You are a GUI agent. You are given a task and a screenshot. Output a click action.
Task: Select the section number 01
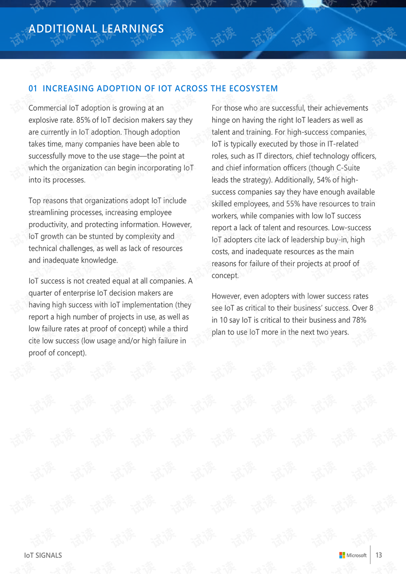tap(33, 88)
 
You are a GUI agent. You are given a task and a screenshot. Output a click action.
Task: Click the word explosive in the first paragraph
tap(43, 120)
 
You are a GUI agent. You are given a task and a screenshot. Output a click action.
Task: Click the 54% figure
tap(324, 180)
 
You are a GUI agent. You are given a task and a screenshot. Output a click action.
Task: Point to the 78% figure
tap(359, 320)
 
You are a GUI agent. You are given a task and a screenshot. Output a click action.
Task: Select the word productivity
tap(47, 225)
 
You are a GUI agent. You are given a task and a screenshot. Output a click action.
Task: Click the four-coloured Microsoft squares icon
tap(342, 555)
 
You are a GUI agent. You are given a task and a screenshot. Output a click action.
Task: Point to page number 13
tap(379, 555)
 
